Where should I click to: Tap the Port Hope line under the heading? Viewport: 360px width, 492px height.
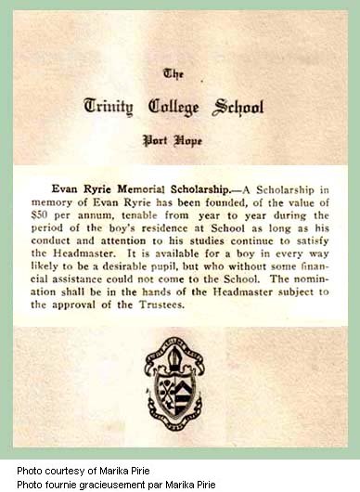182,142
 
